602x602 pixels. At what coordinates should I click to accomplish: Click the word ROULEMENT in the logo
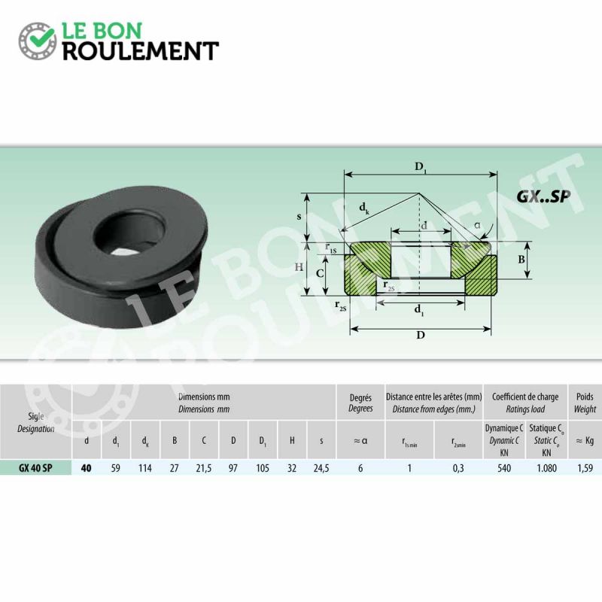141,51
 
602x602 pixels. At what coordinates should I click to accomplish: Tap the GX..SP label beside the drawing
543,196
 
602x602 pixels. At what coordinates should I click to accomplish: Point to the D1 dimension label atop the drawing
421,168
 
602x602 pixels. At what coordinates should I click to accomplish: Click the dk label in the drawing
364,208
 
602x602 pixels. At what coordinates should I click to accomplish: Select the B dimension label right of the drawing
521,260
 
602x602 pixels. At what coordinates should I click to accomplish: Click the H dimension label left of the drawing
299,267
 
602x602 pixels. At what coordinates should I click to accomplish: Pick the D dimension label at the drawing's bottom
421,335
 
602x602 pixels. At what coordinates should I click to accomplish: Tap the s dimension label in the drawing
299,217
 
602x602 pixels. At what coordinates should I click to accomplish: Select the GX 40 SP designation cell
35,468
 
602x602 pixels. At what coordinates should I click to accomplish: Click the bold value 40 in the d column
87,468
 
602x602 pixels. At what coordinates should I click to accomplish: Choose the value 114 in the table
145,468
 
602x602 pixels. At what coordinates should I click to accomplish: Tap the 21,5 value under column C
203,468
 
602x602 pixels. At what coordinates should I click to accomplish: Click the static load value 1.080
547,468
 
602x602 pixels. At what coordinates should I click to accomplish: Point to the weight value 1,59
585,468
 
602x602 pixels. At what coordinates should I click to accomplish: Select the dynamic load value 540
504,468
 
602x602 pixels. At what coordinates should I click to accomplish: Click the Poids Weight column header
585,403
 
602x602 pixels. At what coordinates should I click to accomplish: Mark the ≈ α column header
360,441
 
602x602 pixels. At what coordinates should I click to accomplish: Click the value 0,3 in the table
458,468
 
